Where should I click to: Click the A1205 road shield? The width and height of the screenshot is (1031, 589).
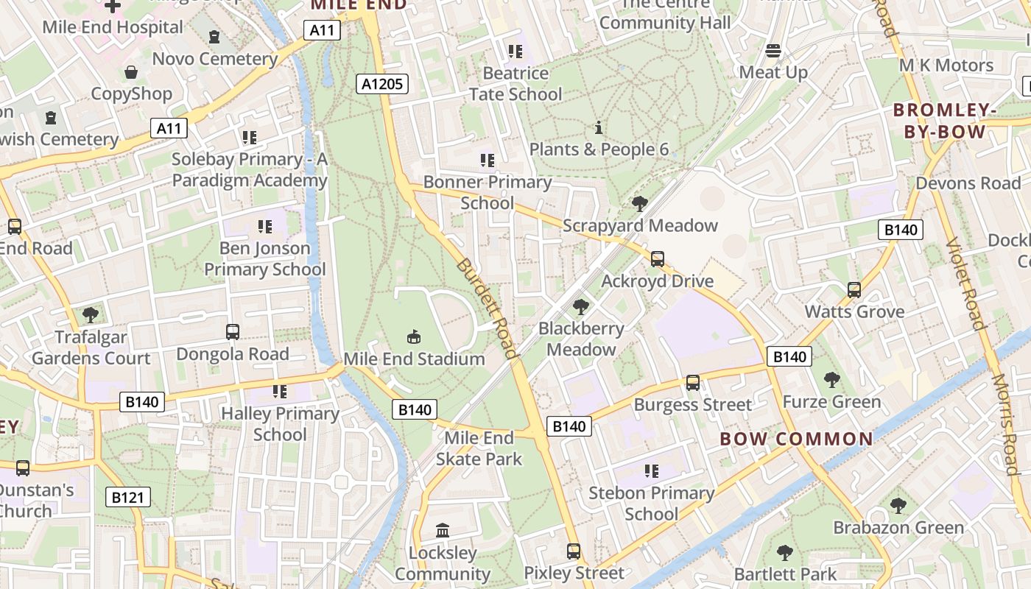(383, 84)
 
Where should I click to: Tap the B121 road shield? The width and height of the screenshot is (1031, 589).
(127, 498)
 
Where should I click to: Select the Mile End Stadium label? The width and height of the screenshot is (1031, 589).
(415, 359)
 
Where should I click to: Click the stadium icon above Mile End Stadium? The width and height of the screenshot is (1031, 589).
(414, 337)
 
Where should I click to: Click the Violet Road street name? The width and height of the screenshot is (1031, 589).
(965, 283)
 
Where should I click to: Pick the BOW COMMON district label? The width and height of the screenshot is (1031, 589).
(796, 440)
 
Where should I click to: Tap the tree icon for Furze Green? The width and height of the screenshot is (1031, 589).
(832, 380)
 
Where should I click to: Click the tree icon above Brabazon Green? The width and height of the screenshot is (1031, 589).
(898, 506)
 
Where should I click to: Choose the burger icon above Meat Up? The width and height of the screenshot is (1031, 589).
(773, 50)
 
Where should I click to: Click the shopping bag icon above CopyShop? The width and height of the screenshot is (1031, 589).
(131, 72)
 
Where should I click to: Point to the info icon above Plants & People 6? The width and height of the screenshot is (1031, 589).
(599, 128)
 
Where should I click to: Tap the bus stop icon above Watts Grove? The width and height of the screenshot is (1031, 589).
(854, 290)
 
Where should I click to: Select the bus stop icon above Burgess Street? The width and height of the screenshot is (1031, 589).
(693, 383)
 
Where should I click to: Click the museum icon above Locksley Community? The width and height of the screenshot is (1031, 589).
(443, 531)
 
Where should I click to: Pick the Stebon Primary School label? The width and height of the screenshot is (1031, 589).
(652, 503)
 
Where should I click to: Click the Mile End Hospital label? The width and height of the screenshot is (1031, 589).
(113, 27)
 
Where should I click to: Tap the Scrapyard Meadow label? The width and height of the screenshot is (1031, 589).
(640, 225)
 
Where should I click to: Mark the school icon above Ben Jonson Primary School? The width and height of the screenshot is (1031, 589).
(264, 227)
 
